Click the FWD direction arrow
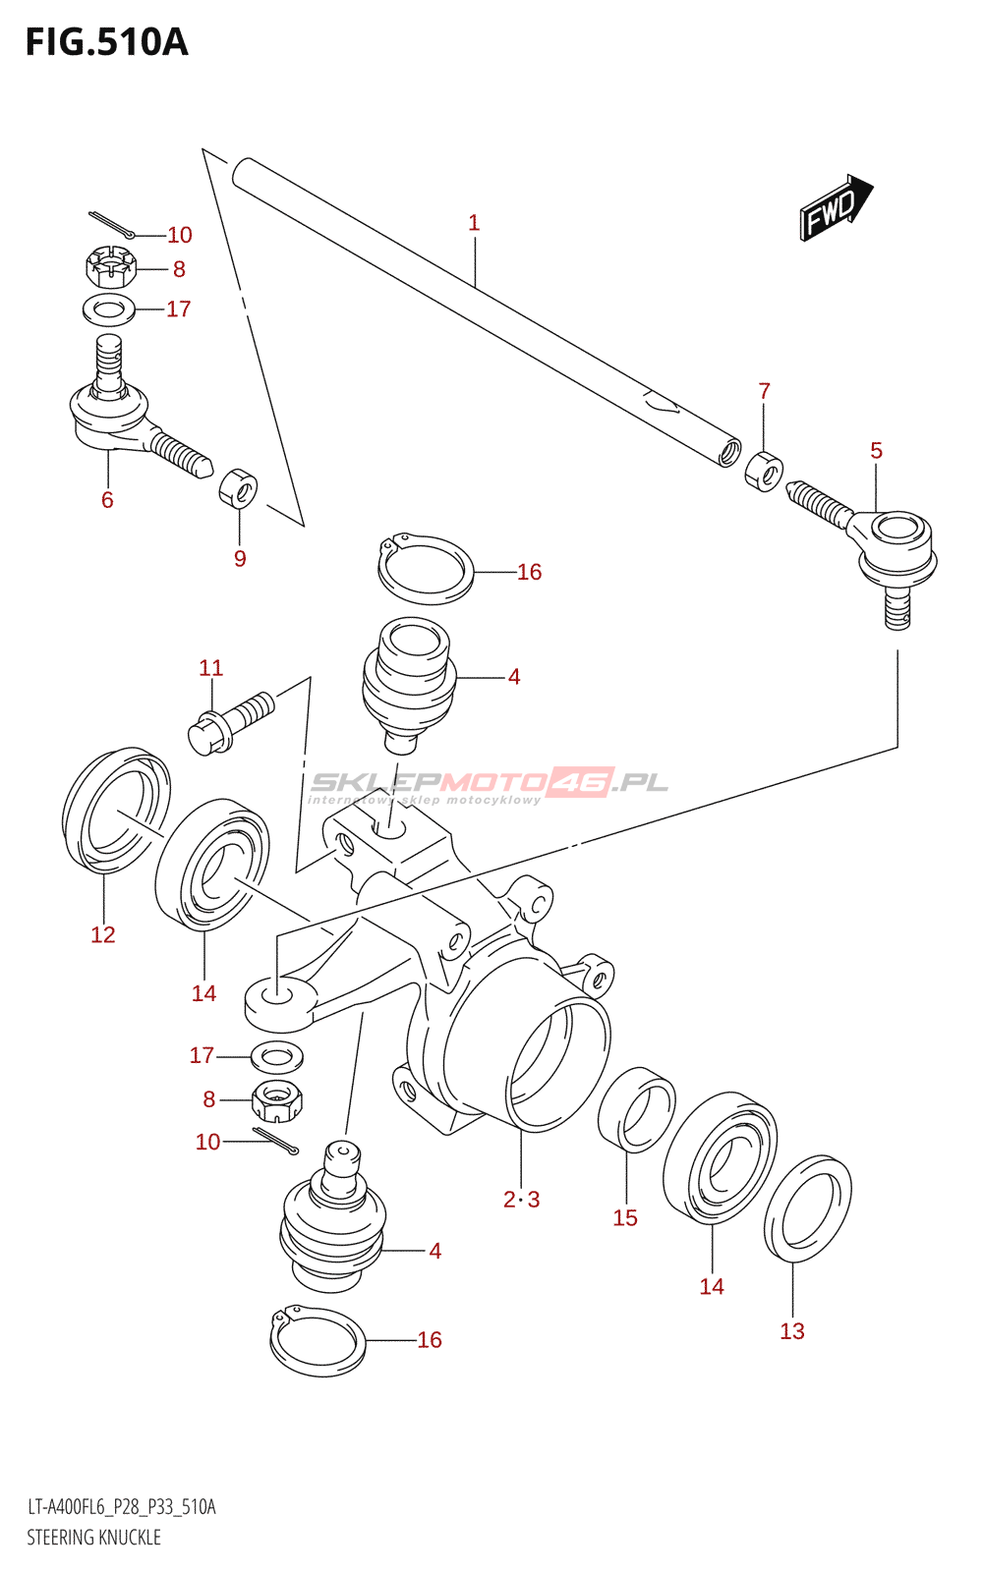pyautogui.click(x=837, y=207)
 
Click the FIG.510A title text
pyautogui.click(x=107, y=42)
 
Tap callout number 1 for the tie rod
pyautogui.click(x=474, y=223)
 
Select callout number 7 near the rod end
pyautogui.click(x=764, y=391)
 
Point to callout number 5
pyautogui.click(x=876, y=451)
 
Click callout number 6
pyautogui.click(x=107, y=500)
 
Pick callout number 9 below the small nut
pyautogui.click(x=240, y=559)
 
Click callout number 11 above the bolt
pyautogui.click(x=210, y=667)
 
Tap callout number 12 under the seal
pyautogui.click(x=102, y=934)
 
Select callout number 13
pyautogui.click(x=792, y=1331)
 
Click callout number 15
pyautogui.click(x=625, y=1217)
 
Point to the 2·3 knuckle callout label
pyautogui.click(x=522, y=1200)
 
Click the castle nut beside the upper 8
pyautogui.click(x=110, y=266)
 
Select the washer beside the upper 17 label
pyautogui.click(x=109, y=310)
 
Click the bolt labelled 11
pyautogui.click(x=231, y=723)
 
